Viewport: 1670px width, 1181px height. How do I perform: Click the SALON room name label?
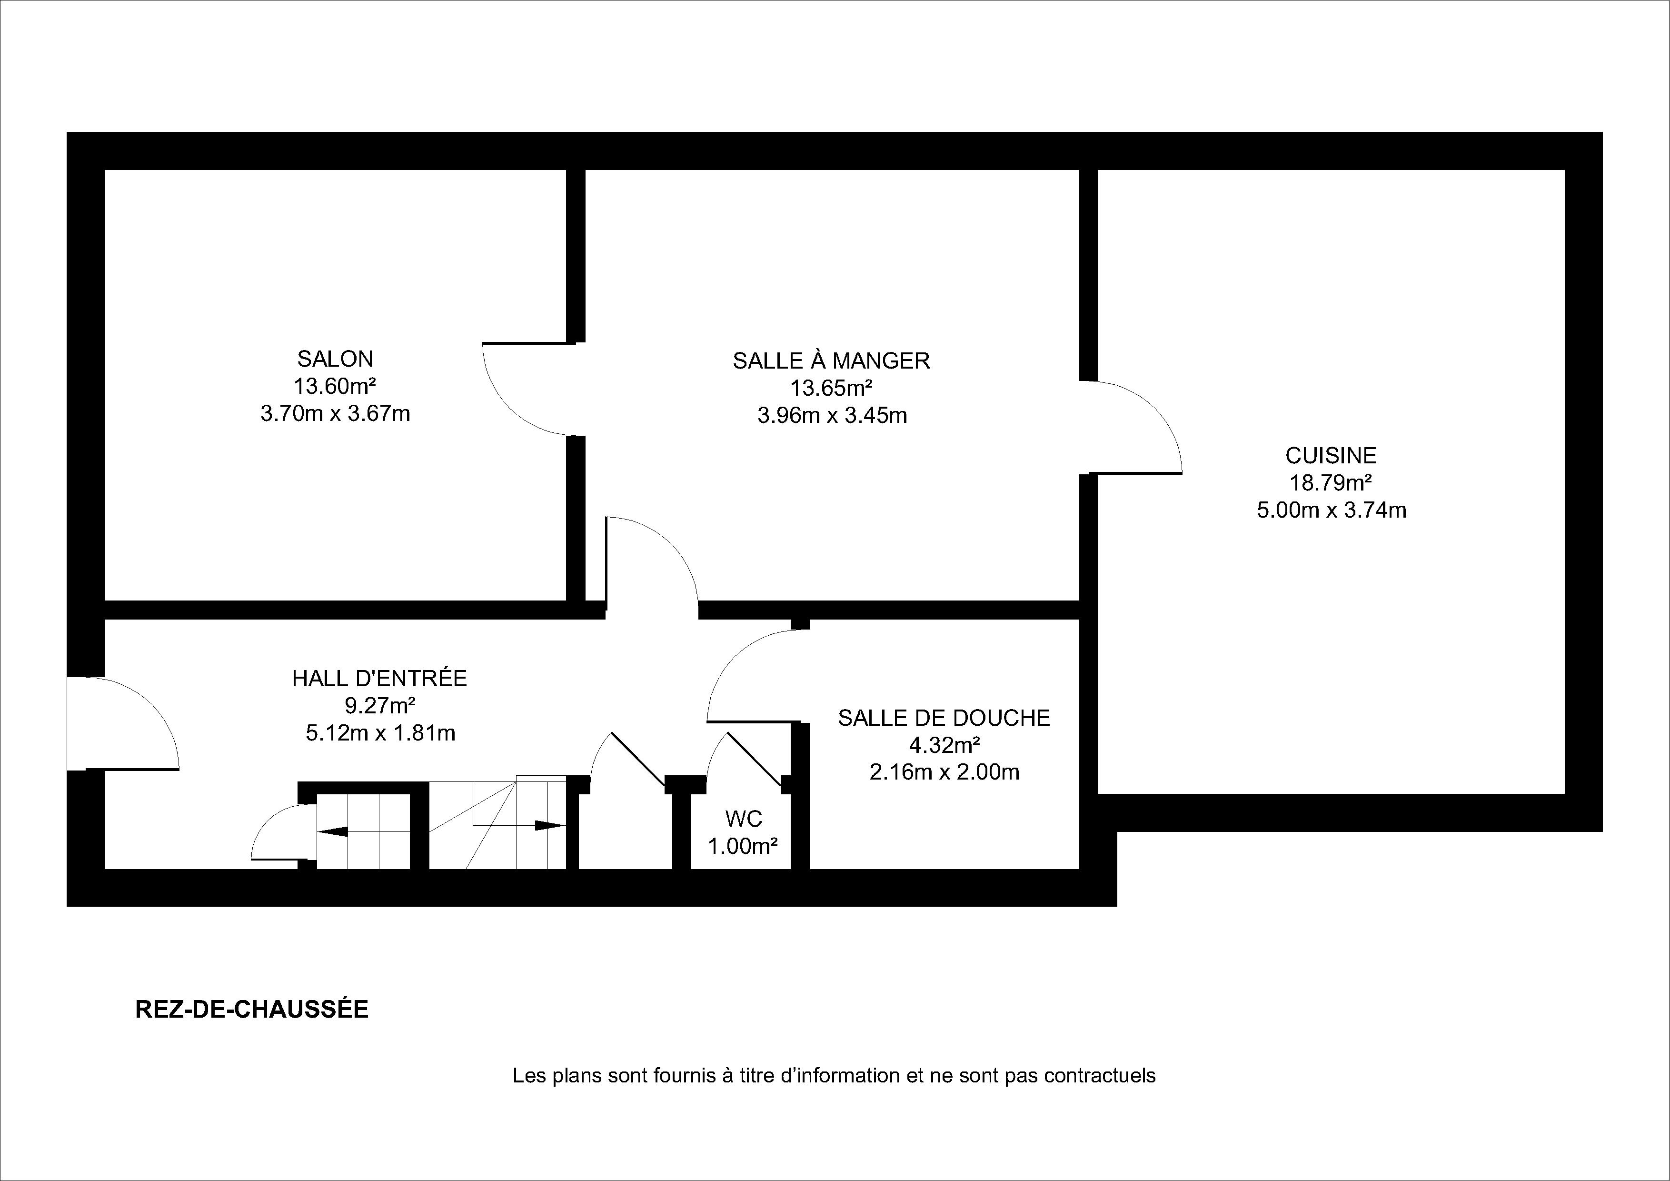pos(335,359)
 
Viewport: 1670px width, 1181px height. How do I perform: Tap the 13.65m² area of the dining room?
pos(831,388)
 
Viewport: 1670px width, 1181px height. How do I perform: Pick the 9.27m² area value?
pos(380,705)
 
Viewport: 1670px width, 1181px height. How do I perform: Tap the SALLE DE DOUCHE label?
pos(944,718)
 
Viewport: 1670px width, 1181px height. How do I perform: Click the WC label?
pos(743,820)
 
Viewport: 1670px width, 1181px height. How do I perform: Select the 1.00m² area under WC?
pos(743,846)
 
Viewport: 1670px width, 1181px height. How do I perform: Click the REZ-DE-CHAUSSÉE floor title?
pos(252,1009)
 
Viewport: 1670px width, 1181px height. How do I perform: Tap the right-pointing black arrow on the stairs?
pos(550,825)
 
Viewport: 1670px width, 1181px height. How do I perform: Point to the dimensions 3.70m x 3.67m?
pos(335,414)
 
